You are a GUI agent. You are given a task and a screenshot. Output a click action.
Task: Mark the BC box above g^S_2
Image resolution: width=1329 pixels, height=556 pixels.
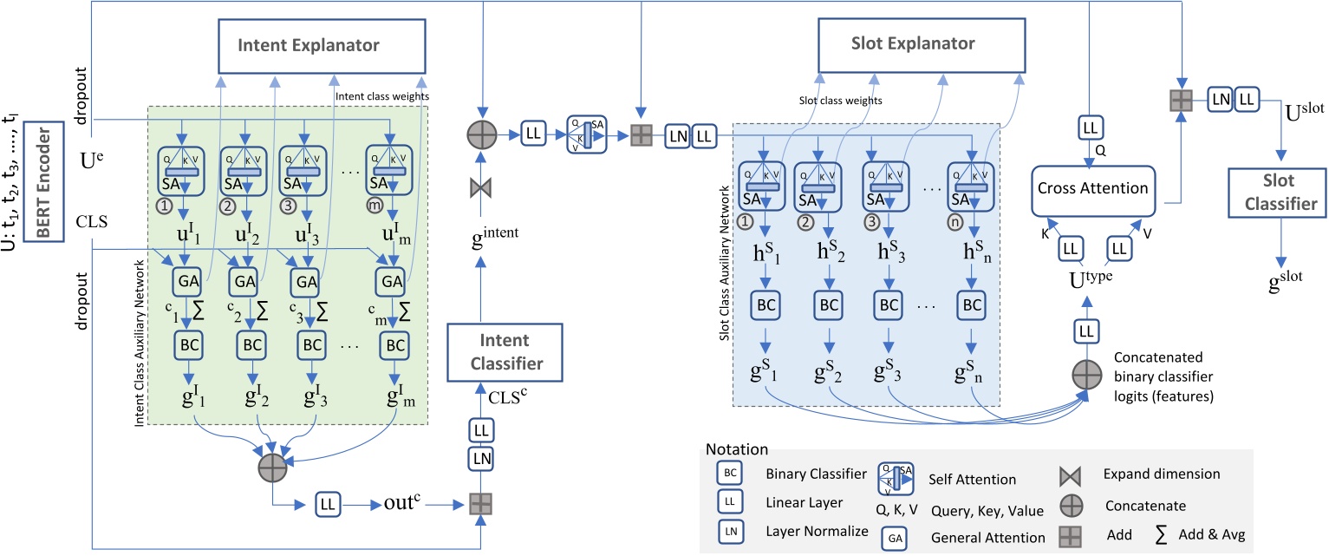(x=829, y=305)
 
